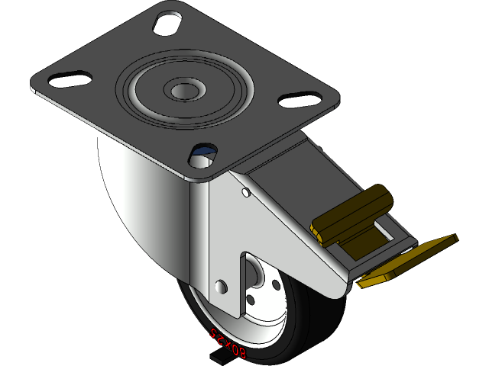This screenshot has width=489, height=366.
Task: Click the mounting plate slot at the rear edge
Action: [167, 21]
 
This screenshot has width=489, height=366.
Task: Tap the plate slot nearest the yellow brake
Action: [300, 99]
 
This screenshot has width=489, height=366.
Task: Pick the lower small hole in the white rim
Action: [251, 300]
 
